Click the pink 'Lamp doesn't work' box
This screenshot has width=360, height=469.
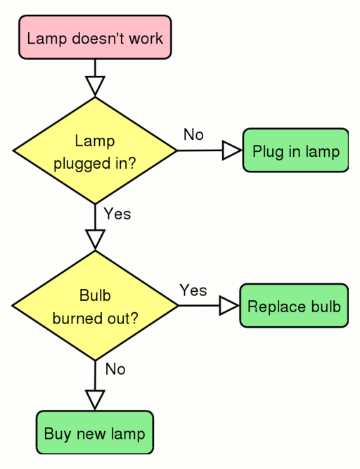pyautogui.click(x=95, y=37)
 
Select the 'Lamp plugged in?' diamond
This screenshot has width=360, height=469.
pyautogui.click(x=95, y=150)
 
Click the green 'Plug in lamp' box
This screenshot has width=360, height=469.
pyautogui.click(x=295, y=150)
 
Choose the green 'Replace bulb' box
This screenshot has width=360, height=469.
pyautogui.click(x=294, y=306)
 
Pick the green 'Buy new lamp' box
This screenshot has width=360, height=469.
pyautogui.click(x=94, y=432)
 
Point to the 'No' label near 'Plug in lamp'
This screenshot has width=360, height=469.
pyautogui.click(x=193, y=134)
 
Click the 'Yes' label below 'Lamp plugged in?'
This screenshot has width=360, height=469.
pyautogui.click(x=117, y=214)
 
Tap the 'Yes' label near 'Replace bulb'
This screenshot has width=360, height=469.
pyautogui.click(x=193, y=290)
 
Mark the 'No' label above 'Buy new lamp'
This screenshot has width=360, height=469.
pyautogui.click(x=115, y=369)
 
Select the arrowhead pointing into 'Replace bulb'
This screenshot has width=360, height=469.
pyautogui.click(x=229, y=306)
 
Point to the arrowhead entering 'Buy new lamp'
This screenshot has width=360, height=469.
pyautogui.click(x=95, y=399)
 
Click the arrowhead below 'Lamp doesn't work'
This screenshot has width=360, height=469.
pyautogui.click(x=95, y=85)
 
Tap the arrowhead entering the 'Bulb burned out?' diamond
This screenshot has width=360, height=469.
pyautogui.click(x=95, y=239)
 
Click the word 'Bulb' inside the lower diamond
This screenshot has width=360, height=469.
pyautogui.click(x=95, y=295)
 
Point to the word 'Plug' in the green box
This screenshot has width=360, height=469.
pyautogui.click(x=266, y=152)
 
